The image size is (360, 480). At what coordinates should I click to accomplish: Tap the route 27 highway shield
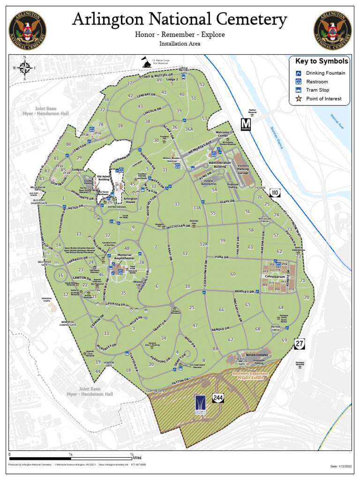(300, 345)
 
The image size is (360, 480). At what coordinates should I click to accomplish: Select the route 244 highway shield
(217, 398)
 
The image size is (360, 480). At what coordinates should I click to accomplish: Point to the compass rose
(27, 68)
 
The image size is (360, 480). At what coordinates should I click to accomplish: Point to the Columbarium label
(275, 277)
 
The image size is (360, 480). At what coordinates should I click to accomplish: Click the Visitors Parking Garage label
(243, 169)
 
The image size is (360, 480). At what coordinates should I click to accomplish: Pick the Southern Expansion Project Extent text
(251, 375)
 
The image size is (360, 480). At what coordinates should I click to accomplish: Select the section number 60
(233, 274)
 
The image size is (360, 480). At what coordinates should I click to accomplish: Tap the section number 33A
(196, 208)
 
